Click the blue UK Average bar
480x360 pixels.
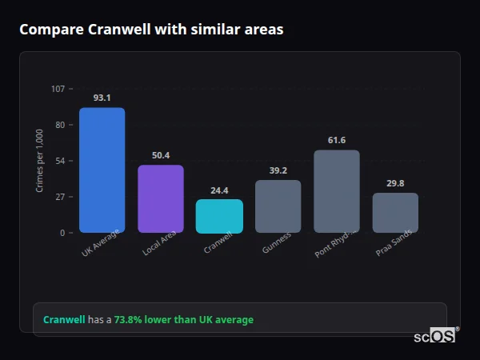pyautogui.click(x=102, y=170)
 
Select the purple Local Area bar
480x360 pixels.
pyautogui.click(x=161, y=199)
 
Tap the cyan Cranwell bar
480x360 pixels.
pyautogui.click(x=219, y=216)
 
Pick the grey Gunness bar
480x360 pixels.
pyautogui.click(x=278, y=206)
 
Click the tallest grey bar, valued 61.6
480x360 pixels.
pyautogui.click(x=337, y=191)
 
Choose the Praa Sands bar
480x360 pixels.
pyautogui.click(x=395, y=213)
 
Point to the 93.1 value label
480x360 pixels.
pyautogui.click(x=102, y=98)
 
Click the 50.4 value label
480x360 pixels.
pyautogui.click(x=161, y=155)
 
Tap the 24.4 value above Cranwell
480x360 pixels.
pyautogui.click(x=219, y=190)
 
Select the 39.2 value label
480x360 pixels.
pyautogui.click(x=278, y=170)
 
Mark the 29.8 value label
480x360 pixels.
pyautogui.click(x=395, y=183)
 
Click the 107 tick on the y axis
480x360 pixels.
pyautogui.click(x=58, y=89)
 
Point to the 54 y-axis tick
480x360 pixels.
pyautogui.click(x=60, y=161)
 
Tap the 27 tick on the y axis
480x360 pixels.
pyautogui.click(x=60, y=197)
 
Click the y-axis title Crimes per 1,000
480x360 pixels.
pyautogui.click(x=40, y=160)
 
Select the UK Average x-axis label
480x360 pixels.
pyautogui.click(x=101, y=243)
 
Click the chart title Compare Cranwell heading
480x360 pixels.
pyautogui.click(x=151, y=30)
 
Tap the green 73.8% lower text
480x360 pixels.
pyautogui.click(x=183, y=320)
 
